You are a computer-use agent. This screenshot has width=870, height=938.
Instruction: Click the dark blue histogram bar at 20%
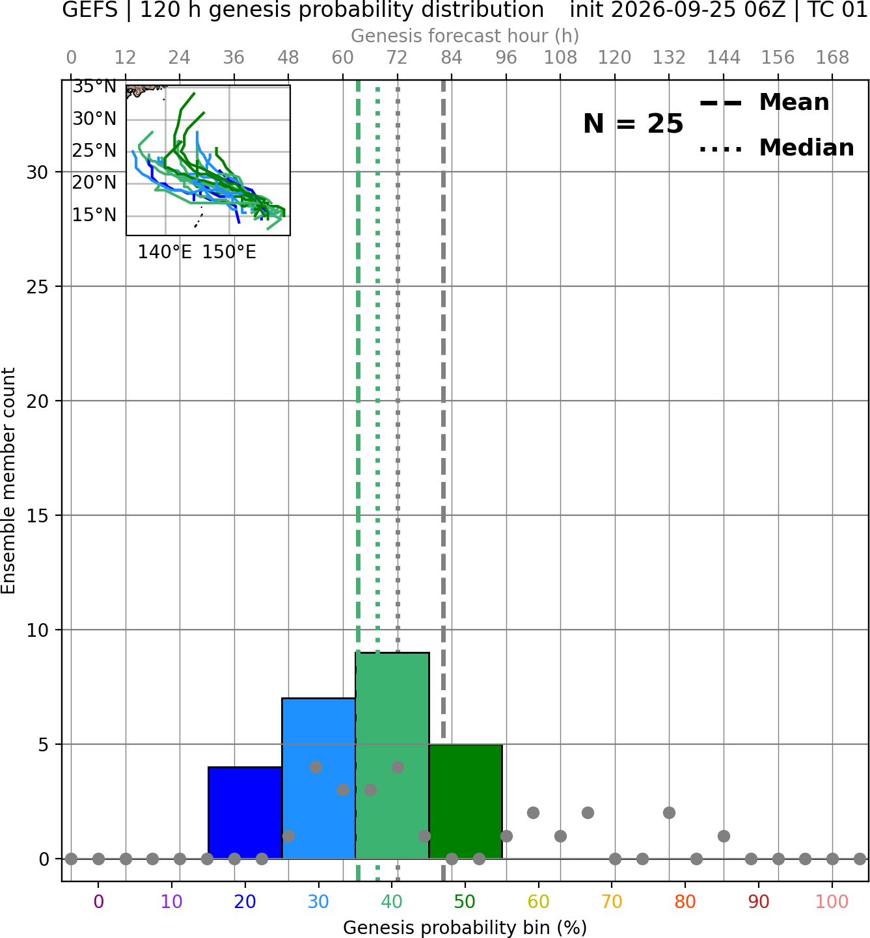(245, 812)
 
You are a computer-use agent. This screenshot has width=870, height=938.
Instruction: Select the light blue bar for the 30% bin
(319, 778)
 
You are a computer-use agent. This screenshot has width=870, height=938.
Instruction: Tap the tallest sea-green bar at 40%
(392, 755)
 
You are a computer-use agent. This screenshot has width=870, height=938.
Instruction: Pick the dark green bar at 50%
(465, 801)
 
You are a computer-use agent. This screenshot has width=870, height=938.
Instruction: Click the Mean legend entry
(764, 102)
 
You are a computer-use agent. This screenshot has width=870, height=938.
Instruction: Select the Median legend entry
(777, 148)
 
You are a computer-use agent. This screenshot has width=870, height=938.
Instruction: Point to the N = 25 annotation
(633, 124)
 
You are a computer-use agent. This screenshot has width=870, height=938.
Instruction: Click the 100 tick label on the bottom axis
(832, 902)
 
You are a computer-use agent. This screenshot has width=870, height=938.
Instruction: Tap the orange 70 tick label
(612, 902)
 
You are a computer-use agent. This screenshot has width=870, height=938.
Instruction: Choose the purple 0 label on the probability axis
(98, 902)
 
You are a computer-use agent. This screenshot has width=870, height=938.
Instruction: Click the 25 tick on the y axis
(37, 287)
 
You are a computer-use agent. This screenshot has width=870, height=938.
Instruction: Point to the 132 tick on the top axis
(669, 58)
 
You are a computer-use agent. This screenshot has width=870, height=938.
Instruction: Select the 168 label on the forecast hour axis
(832, 58)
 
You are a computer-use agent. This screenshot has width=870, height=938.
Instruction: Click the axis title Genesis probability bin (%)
(465, 928)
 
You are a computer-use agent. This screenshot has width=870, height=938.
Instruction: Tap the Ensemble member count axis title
(8, 481)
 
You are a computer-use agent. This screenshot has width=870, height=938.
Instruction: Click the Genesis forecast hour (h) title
(465, 36)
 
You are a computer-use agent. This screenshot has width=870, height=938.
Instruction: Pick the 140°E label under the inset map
(165, 252)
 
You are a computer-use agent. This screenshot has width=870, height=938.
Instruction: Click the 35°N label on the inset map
(94, 87)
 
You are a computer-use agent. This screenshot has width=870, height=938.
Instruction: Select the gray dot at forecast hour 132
(669, 813)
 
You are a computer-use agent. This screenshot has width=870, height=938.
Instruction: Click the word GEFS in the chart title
(90, 10)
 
